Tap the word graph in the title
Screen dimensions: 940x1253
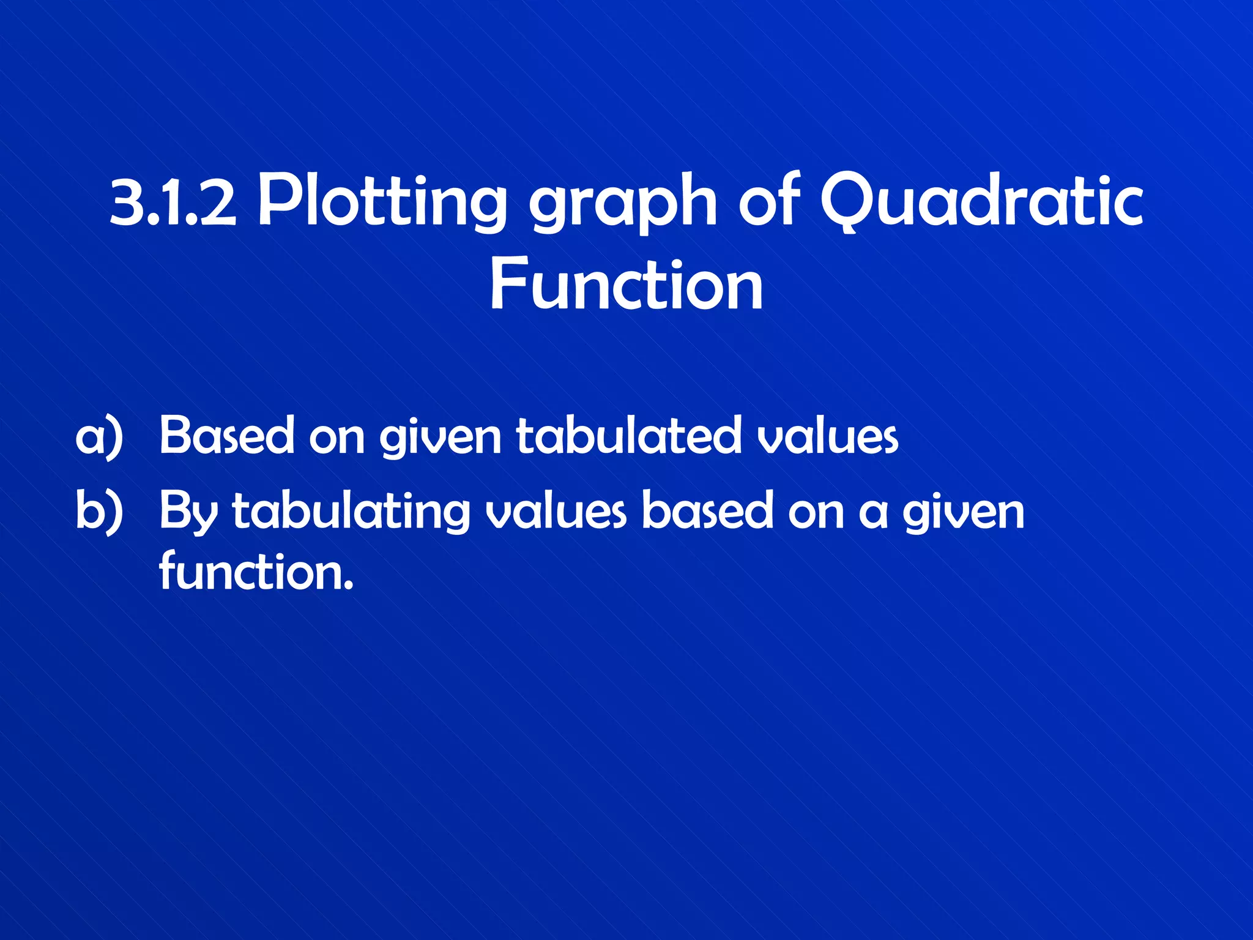point(622,203)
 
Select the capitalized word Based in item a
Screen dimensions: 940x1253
point(227,436)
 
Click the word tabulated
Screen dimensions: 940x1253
point(628,436)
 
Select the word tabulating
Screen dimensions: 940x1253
point(351,513)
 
